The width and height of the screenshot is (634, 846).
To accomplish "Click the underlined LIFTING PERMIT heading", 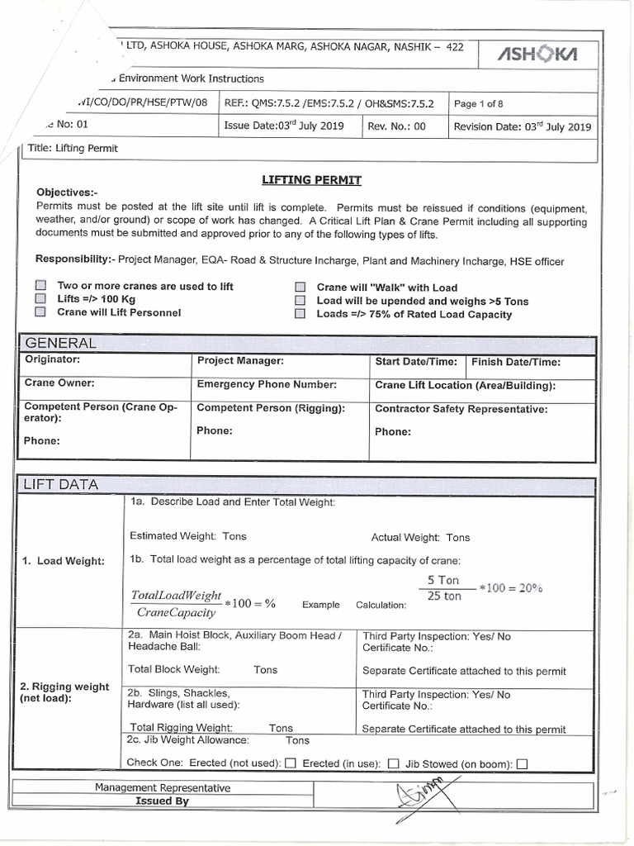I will point(311,179).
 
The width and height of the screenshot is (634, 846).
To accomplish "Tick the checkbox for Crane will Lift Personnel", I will point(40,312).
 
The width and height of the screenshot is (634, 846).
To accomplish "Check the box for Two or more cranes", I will point(40,286).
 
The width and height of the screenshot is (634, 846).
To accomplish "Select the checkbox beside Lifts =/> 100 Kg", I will point(40,299).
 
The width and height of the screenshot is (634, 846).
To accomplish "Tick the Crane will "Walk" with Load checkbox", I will point(300,288).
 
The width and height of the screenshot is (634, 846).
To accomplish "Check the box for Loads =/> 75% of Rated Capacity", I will point(300,314).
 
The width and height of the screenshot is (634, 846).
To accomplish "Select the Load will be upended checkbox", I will point(300,301).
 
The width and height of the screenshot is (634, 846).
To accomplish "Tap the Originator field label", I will point(52,360).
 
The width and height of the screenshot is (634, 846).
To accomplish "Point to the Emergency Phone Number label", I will point(266,384).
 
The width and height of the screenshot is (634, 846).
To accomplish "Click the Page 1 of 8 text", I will point(479,104).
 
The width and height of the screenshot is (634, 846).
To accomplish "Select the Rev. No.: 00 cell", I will point(396,126).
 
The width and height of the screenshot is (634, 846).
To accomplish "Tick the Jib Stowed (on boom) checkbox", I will point(522,763).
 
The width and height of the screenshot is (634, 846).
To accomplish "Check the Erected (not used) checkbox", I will point(290,763).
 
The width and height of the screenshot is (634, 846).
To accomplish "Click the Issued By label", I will point(162,801).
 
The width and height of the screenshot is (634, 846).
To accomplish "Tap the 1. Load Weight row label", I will point(64,561).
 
